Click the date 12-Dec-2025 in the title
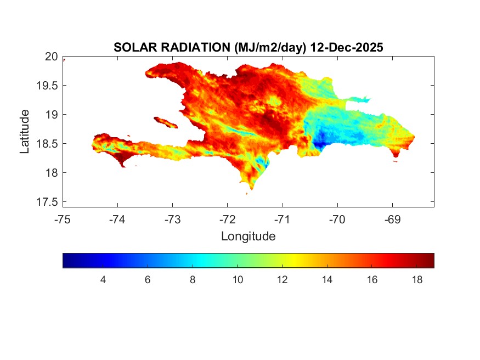[346, 48]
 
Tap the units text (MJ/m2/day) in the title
[270, 48]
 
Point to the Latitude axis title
[25, 131]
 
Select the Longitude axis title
[248, 237]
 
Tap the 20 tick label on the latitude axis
[51, 56]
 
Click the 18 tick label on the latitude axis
[51, 173]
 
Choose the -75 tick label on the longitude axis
[63, 220]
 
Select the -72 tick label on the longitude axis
[228, 220]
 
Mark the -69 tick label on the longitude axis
[392, 220]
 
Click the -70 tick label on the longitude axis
[337, 220]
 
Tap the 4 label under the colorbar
[103, 280]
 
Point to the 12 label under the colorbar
[282, 280]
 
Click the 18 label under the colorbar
[416, 280]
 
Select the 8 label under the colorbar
[193, 280]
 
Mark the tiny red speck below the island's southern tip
[246, 193]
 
